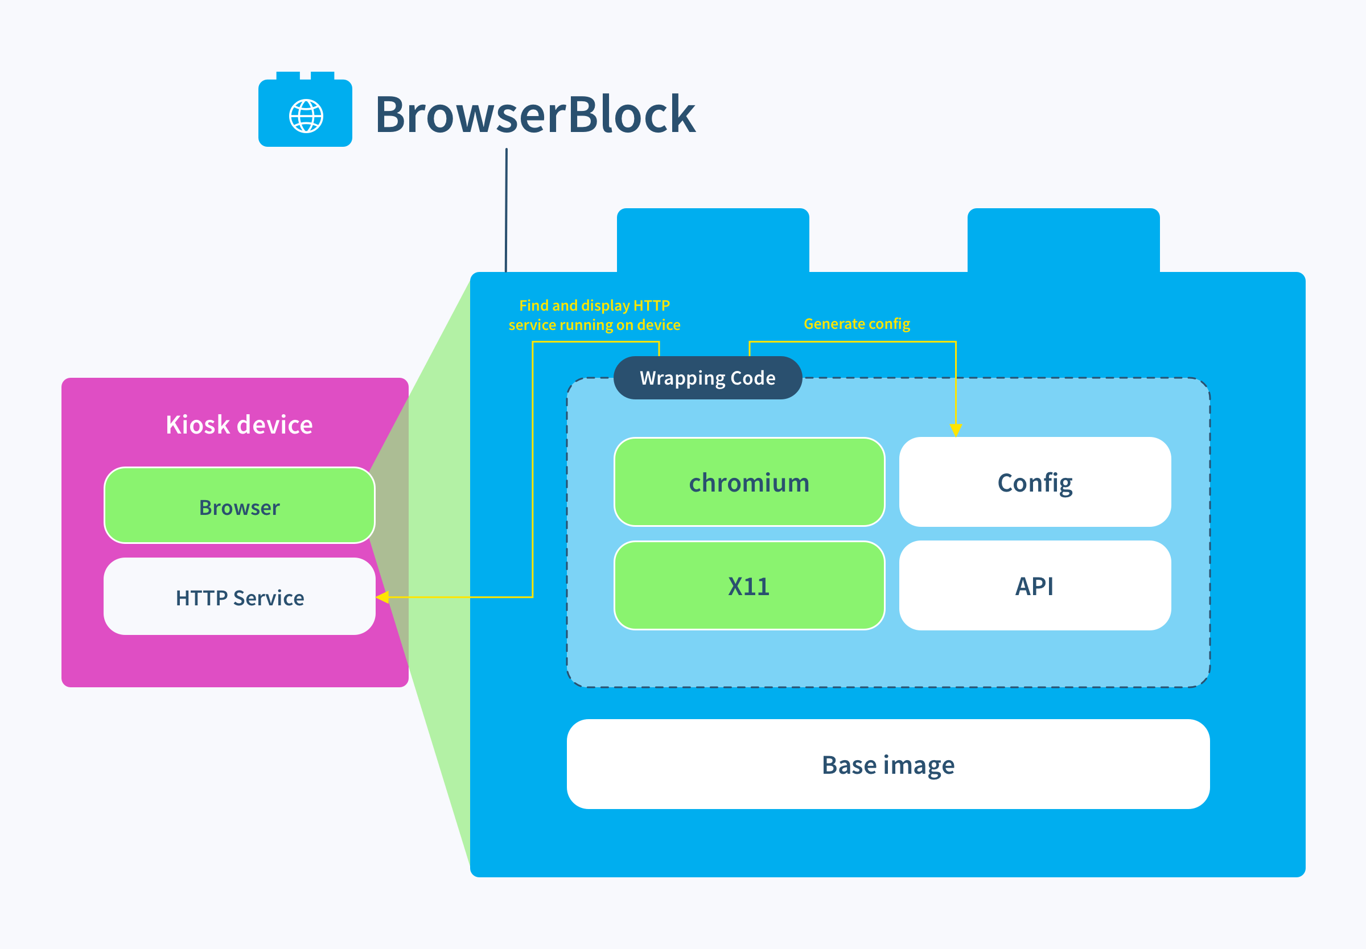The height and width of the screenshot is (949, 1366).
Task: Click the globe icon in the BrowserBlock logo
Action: click(x=306, y=116)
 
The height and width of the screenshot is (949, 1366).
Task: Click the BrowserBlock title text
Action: click(x=534, y=114)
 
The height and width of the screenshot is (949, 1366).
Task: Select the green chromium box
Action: click(x=748, y=482)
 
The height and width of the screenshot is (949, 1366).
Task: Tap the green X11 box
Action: click(x=748, y=585)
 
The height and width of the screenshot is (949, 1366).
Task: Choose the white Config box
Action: click(x=1034, y=482)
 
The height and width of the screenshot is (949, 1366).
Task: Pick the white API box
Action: click(x=1034, y=585)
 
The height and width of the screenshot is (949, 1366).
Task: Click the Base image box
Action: click(x=887, y=764)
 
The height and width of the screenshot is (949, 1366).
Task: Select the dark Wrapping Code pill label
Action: click(x=707, y=378)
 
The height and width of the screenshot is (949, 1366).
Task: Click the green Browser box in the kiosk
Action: click(x=239, y=506)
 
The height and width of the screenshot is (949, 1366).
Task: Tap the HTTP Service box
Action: click(x=239, y=597)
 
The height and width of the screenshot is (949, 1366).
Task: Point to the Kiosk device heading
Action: click(x=239, y=424)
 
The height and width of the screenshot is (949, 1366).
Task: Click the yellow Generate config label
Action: click(x=857, y=324)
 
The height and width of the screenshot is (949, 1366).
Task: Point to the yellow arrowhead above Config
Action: click(x=956, y=430)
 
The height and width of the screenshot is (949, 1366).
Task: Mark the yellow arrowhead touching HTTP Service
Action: click(x=382, y=597)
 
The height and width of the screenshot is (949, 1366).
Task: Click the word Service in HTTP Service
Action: click(x=268, y=597)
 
